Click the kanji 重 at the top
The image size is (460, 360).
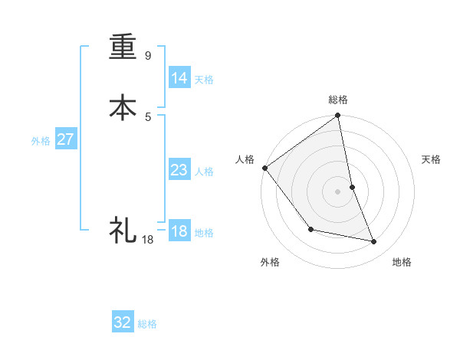(x=123, y=46)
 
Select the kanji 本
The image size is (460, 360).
(x=123, y=106)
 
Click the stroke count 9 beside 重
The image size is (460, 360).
(x=148, y=56)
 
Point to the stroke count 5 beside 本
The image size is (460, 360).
(x=148, y=116)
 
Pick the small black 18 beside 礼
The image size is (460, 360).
(x=148, y=240)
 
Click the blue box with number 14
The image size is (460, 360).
(x=179, y=78)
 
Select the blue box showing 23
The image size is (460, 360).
(x=179, y=170)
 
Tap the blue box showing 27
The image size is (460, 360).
(x=65, y=139)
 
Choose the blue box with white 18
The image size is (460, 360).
(x=179, y=231)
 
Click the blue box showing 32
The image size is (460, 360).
(x=122, y=322)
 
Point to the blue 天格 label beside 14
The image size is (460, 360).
(x=204, y=80)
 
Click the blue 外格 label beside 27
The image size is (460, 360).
(x=41, y=141)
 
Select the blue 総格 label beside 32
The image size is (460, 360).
(x=148, y=324)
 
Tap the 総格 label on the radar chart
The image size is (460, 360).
(x=338, y=100)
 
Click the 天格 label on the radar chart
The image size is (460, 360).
(x=432, y=159)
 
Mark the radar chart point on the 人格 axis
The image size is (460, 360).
(x=264, y=168)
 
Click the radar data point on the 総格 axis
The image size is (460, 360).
(x=338, y=116)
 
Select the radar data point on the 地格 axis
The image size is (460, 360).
(x=374, y=242)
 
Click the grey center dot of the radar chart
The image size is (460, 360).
(x=338, y=191)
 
